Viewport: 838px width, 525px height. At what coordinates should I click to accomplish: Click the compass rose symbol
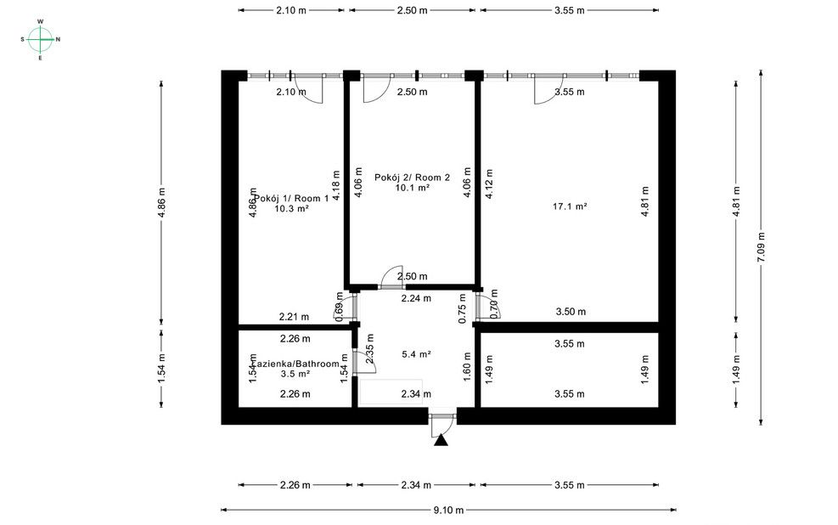pyautogui.click(x=40, y=38)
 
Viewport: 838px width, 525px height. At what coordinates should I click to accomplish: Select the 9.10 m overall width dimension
pyautogui.click(x=447, y=510)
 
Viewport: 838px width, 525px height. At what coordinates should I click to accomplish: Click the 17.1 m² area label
pyautogui.click(x=570, y=206)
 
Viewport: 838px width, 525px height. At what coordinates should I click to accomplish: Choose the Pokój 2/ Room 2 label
pyautogui.click(x=412, y=178)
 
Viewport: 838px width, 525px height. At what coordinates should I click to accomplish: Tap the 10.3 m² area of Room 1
pyautogui.click(x=290, y=208)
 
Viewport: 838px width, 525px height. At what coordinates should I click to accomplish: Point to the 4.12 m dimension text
pyautogui.click(x=488, y=184)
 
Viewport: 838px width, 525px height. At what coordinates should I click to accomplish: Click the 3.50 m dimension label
pyautogui.click(x=570, y=312)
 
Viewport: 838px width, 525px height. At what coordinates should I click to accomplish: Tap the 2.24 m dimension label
pyautogui.click(x=416, y=298)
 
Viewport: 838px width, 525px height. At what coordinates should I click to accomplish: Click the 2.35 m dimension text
pyautogui.click(x=369, y=354)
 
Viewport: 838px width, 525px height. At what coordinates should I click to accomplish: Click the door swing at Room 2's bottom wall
pyautogui.click(x=391, y=277)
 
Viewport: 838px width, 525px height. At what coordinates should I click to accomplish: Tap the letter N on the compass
pyautogui.click(x=58, y=39)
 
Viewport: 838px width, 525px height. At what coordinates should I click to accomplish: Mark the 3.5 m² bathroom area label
pyautogui.click(x=295, y=374)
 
